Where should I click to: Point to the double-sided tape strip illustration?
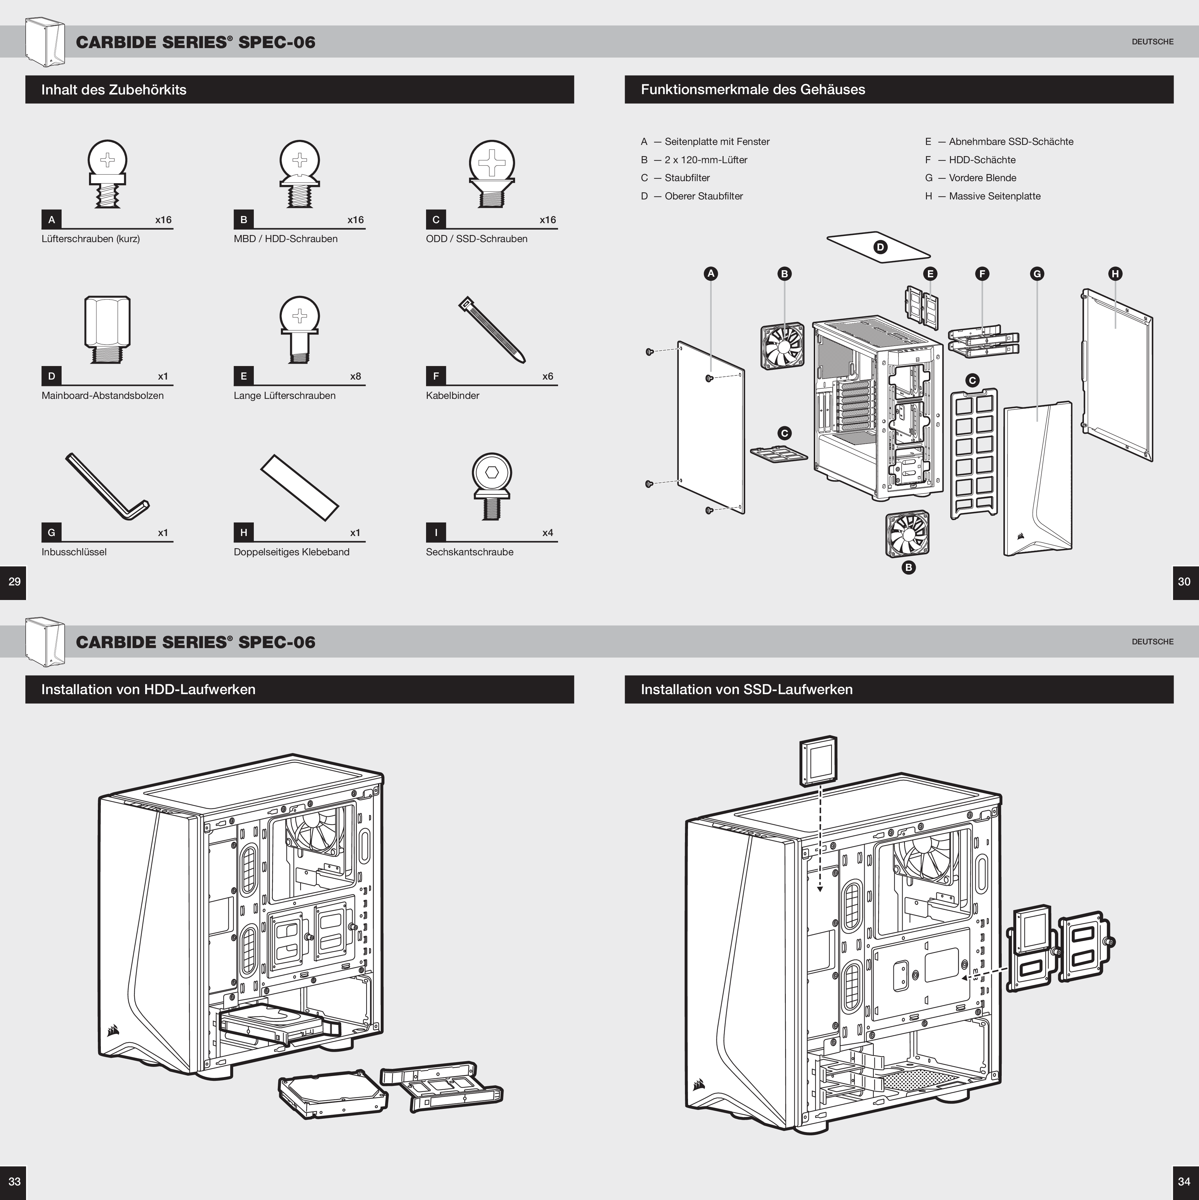click(300, 488)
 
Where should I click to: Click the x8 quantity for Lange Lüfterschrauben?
click(355, 377)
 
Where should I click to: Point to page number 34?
click(1184, 1181)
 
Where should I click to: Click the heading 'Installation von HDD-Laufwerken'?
click(149, 689)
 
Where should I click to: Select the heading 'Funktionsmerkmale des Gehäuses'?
click(753, 89)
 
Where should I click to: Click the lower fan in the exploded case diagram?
click(907, 534)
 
